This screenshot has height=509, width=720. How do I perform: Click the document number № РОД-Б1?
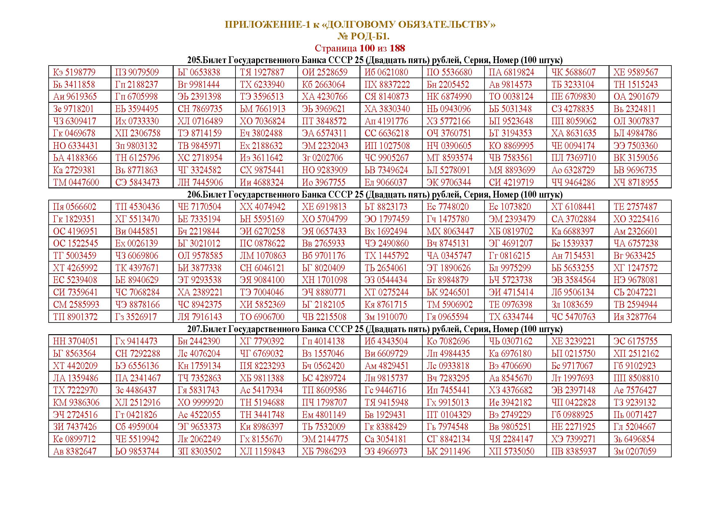[x=364, y=37]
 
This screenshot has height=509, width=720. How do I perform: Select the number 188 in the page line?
[x=397, y=48]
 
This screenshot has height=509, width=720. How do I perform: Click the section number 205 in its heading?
[x=193, y=60]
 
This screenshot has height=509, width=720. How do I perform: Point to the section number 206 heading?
[x=193, y=194]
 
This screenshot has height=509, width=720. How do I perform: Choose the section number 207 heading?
[x=193, y=329]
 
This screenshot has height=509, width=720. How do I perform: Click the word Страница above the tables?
[x=336, y=48]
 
